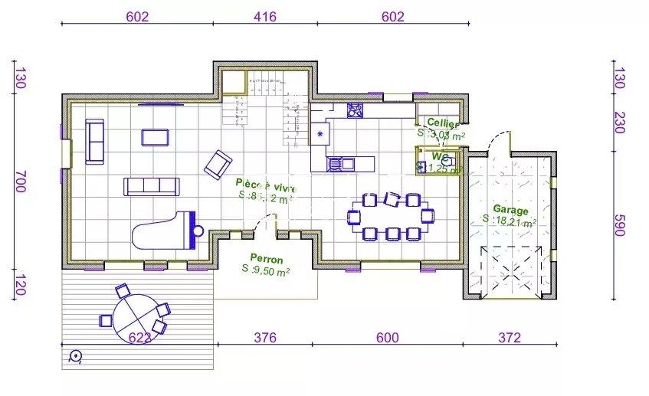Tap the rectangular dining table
click(x=391, y=216)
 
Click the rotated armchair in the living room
click(x=218, y=162)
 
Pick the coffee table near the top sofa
click(x=155, y=137)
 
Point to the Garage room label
click(x=510, y=209)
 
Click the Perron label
click(x=266, y=259)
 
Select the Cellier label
click(x=442, y=124)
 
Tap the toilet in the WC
click(x=447, y=162)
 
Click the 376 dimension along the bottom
click(x=264, y=337)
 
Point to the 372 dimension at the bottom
click(x=509, y=337)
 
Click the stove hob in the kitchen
click(x=355, y=110)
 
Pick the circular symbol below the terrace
click(x=75, y=355)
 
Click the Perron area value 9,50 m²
click(x=266, y=270)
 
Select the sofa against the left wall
click(x=96, y=142)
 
